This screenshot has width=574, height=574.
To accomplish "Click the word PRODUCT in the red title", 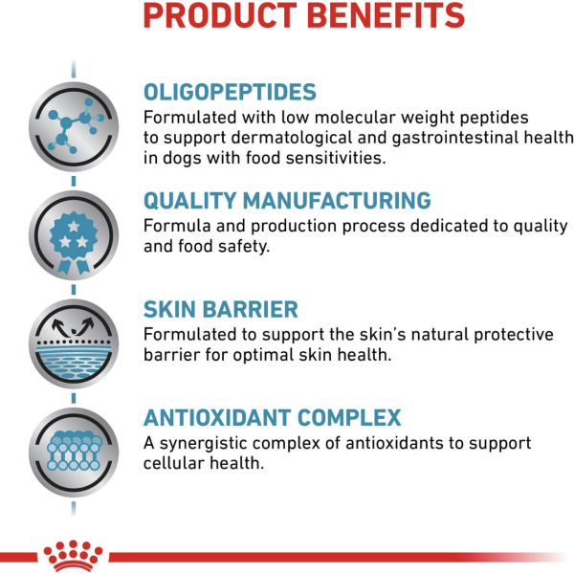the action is [220, 15].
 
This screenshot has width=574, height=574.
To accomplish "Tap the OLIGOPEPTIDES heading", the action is [230, 92].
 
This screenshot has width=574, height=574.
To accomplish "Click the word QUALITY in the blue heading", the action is [189, 201].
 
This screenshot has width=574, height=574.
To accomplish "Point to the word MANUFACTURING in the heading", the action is [337, 200].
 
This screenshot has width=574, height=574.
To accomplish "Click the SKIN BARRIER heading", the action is [220, 309].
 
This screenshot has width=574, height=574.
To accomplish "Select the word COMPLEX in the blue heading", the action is [349, 418].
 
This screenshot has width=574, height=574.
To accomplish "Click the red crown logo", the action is [74, 556].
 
